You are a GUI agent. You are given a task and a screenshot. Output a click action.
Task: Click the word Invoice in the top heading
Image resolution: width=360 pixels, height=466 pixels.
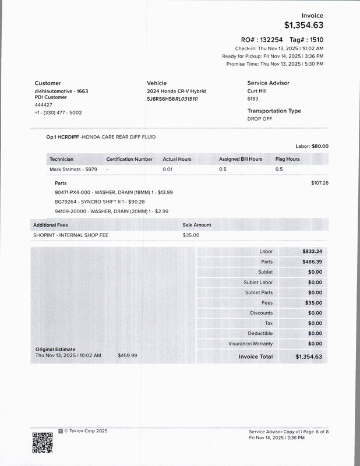tap(312, 16)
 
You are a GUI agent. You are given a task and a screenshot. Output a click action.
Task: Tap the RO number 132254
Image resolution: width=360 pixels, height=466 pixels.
tap(271, 39)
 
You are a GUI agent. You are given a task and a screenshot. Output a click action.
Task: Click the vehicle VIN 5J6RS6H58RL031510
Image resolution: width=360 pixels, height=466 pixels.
tap(172, 99)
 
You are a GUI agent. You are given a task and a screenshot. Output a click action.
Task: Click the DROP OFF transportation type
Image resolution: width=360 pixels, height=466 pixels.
tap(259, 119)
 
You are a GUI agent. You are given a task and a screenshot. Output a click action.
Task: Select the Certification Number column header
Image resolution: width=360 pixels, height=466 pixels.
tap(129, 159)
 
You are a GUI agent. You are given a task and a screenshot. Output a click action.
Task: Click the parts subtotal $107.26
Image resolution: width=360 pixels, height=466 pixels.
tap(320, 183)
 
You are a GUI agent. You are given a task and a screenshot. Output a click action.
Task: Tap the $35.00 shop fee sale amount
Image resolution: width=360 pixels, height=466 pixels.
tap(191, 235)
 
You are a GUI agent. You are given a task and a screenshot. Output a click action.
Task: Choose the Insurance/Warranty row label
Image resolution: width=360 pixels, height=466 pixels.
tap(250, 344)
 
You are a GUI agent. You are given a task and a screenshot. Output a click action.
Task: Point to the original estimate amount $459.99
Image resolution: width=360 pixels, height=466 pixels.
tap(128, 355)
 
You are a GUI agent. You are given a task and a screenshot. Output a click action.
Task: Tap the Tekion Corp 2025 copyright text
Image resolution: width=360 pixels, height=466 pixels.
tap(86, 431)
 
